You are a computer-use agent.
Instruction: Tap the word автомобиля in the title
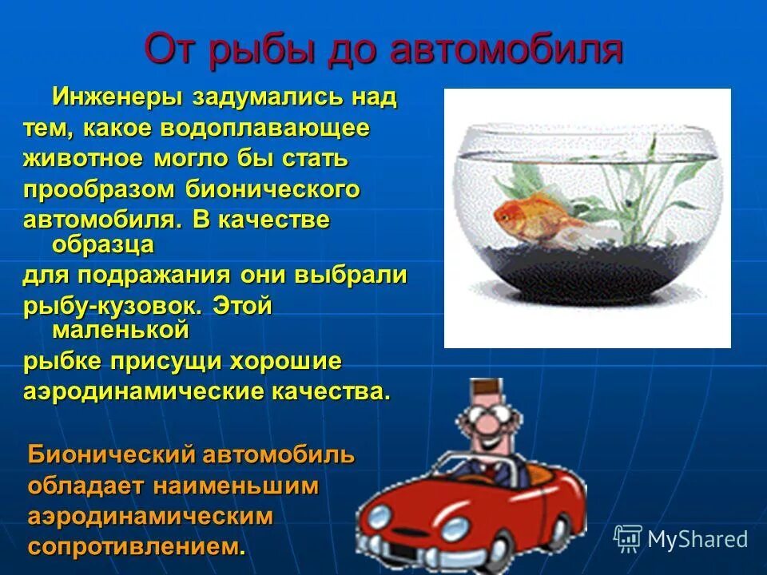pyautogui.click(x=507, y=50)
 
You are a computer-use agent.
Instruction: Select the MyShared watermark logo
pyautogui.click(x=681, y=539)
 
